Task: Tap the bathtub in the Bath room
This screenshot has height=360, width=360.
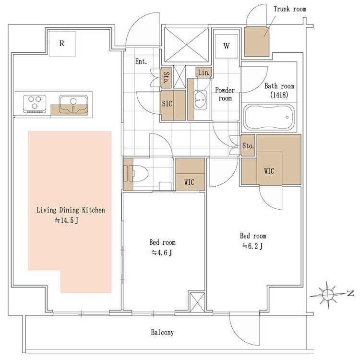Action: click(269, 117)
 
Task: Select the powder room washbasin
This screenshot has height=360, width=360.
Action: click(200, 100)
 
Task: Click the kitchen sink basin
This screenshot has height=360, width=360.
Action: click(73, 104)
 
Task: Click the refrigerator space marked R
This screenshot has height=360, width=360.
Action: click(62, 44)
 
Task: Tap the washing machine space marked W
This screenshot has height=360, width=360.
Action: click(227, 46)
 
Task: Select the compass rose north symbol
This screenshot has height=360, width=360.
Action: click(328, 295)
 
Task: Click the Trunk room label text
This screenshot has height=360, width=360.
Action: click(290, 9)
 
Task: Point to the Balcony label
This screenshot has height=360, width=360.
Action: click(162, 332)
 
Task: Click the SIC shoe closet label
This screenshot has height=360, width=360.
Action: click(167, 104)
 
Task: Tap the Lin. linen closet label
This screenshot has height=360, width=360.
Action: click(204, 72)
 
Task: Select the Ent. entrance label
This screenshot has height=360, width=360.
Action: click(141, 61)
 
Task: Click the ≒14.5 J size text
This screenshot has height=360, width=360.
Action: click(67, 220)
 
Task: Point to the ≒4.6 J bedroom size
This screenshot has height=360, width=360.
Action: click(162, 253)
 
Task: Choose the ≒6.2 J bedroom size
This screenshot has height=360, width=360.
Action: click(252, 246)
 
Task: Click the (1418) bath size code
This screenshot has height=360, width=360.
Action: click(279, 95)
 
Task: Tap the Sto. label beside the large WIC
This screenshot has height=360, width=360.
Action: click(248, 146)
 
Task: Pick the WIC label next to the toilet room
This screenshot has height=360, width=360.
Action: click(189, 182)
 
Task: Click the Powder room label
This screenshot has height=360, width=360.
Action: click(225, 94)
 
